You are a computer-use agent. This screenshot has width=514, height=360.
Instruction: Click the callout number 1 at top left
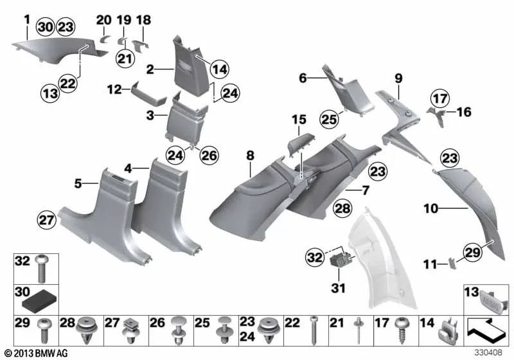pyautogui.click(x=26, y=18)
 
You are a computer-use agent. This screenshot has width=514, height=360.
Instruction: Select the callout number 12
pyautogui.click(x=116, y=91)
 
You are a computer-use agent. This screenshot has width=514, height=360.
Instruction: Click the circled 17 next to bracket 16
pyautogui.click(x=439, y=100)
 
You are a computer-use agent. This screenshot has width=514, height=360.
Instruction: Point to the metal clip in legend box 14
pyautogui.click(x=445, y=332)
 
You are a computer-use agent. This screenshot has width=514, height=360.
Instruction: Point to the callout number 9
pyautogui.click(x=398, y=78)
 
